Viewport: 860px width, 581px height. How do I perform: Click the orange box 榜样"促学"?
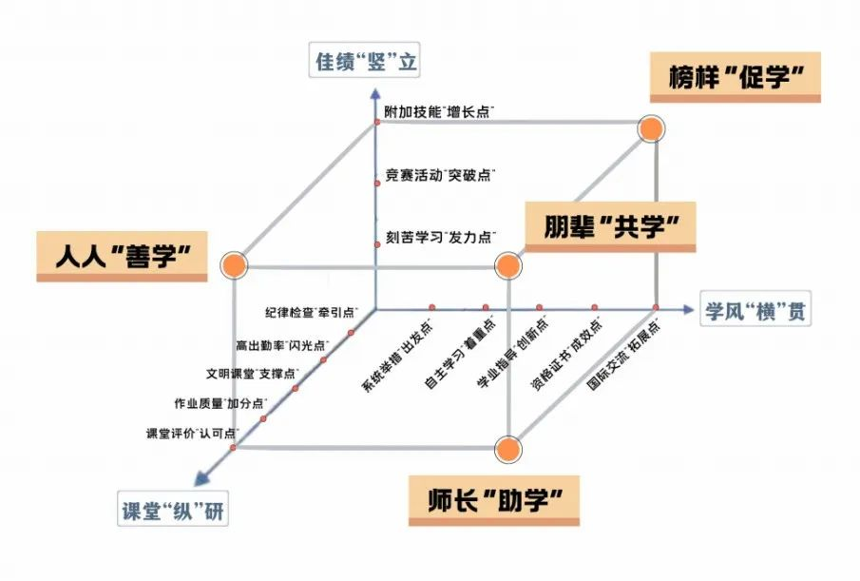[x=735, y=78]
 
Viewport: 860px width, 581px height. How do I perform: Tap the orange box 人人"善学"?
[x=123, y=256]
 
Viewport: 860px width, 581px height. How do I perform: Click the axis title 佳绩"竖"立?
[x=367, y=63]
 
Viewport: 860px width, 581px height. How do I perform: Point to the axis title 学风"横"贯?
[x=756, y=311]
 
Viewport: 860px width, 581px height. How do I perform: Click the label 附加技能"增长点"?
[x=438, y=112]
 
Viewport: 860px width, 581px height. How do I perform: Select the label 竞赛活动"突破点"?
[x=438, y=175]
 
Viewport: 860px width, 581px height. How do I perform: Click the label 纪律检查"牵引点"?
[x=311, y=312]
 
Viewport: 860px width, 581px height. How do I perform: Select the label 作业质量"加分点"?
[x=219, y=403]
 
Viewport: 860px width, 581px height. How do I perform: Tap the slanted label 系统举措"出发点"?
[x=396, y=356]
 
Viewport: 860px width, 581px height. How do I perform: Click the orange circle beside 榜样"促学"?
[x=651, y=129]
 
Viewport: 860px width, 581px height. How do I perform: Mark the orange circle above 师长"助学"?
[x=508, y=448]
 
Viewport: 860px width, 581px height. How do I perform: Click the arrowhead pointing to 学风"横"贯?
[x=687, y=308]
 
